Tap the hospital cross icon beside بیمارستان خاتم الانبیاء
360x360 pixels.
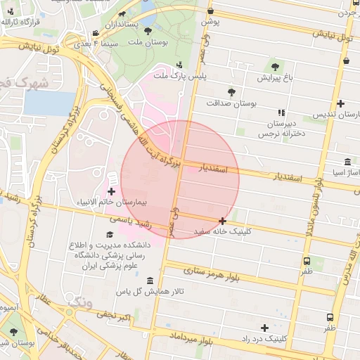[x=111, y=191]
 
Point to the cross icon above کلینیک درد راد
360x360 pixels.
[x=264, y=328]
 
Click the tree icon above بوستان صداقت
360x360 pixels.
[x=231, y=92]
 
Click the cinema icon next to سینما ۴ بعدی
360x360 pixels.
[x=96, y=34]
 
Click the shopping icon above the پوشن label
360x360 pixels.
[x=212, y=11]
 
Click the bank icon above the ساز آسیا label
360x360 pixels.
[x=347, y=162]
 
